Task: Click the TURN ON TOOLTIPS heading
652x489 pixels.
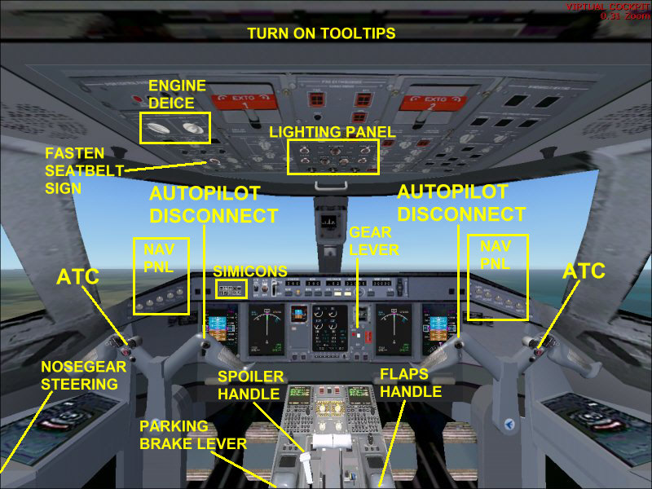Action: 321,33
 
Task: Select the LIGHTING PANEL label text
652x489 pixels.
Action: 333,132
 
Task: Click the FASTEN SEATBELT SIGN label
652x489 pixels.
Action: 74,169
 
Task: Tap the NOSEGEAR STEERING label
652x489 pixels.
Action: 79,376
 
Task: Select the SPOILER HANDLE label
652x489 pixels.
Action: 250,385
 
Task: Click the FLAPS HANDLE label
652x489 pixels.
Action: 411,383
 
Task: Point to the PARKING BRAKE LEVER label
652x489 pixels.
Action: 192,435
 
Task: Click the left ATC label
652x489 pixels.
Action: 77,276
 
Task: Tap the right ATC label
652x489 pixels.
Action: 584,271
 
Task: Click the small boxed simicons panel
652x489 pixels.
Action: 231,289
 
